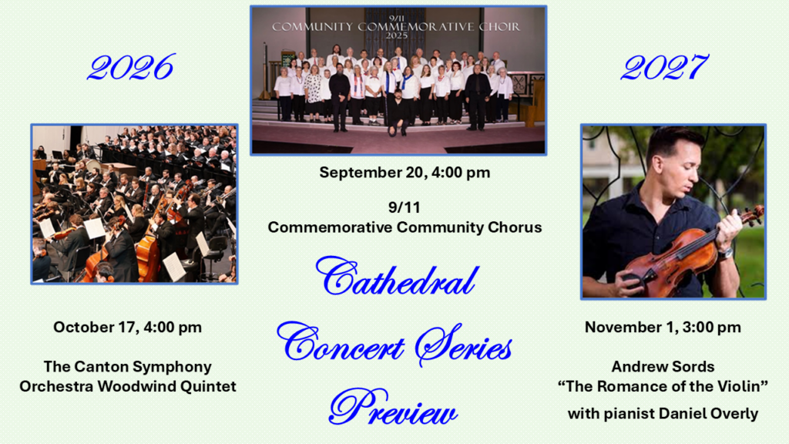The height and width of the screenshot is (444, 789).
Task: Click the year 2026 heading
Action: (131, 67)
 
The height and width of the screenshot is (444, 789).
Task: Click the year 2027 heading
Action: (664, 67)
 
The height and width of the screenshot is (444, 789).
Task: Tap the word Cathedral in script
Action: (397, 277)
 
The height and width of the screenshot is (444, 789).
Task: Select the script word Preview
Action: (393, 407)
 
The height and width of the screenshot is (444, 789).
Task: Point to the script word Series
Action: (463, 345)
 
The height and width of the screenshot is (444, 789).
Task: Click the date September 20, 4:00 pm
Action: (405, 172)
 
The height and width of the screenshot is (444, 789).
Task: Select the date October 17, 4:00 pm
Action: (127, 327)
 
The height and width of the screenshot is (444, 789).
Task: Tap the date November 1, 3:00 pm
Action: (663, 327)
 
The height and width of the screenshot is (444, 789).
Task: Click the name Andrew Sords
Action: (663, 366)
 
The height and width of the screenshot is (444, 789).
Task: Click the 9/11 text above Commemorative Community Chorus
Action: (404, 207)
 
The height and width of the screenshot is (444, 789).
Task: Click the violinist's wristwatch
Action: (724, 253)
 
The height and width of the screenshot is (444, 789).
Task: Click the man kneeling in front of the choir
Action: (398, 113)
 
